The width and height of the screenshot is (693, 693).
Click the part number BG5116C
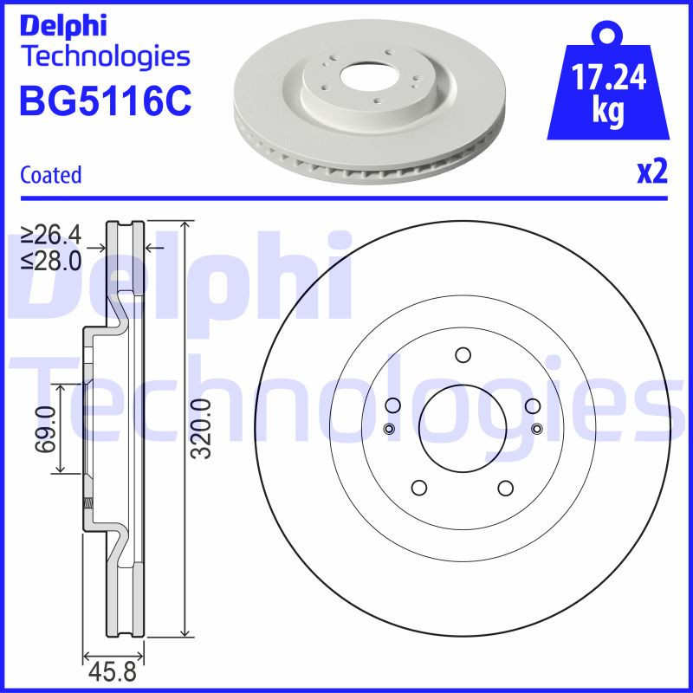[x=104, y=102]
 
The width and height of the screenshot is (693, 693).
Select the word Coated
[x=50, y=175]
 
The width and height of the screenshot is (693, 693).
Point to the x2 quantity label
[x=651, y=172]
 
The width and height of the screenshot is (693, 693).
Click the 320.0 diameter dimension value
[x=200, y=429]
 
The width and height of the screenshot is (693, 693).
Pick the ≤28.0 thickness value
[x=52, y=259]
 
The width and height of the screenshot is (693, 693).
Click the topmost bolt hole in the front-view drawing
[x=462, y=354]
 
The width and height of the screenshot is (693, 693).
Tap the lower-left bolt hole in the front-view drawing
[x=418, y=487]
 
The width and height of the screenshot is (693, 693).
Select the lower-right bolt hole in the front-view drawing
[x=505, y=487]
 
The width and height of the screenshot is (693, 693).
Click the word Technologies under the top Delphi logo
[x=104, y=57]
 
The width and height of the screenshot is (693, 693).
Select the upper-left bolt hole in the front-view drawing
[x=392, y=405]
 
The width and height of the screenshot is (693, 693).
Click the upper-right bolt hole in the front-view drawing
[x=532, y=405]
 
